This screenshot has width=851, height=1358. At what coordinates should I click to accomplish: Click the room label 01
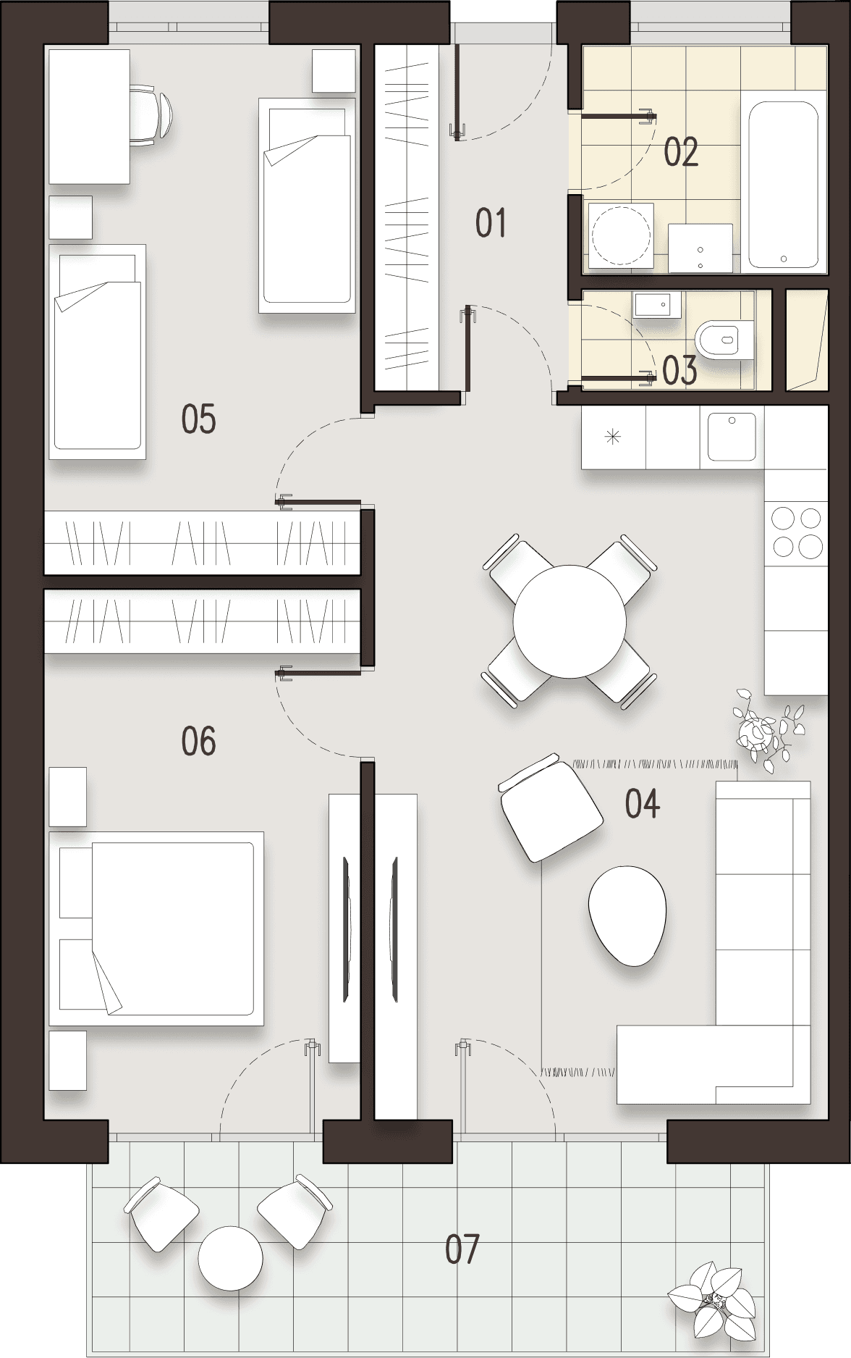tap(491, 223)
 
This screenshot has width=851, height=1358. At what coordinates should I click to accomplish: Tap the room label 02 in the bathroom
tap(680, 153)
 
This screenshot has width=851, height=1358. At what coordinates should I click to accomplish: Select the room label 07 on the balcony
tap(462, 1249)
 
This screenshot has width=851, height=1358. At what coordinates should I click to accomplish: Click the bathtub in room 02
tap(783, 185)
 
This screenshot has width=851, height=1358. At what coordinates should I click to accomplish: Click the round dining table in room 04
tap(570, 621)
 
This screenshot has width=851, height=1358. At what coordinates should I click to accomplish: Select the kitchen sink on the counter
tap(732, 437)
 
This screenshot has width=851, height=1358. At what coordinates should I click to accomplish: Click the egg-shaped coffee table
tap(627, 915)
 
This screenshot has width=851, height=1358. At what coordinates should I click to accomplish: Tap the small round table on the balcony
tap(231, 1258)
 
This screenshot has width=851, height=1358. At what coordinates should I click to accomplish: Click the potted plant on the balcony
tap(713, 1298)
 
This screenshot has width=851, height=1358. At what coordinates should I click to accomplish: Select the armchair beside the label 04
tap(550, 808)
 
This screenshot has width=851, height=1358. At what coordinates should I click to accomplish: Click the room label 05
tap(198, 420)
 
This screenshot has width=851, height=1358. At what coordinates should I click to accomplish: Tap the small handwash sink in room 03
tap(656, 306)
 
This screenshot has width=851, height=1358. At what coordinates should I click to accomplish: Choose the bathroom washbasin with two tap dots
tap(700, 248)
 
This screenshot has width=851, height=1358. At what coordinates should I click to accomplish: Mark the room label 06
tap(198, 742)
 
